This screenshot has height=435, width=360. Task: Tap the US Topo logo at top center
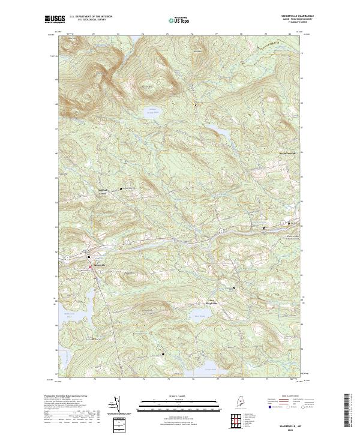point(179,19)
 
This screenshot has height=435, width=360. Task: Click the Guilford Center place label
point(106,191)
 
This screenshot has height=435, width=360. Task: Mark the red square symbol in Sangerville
point(91,268)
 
